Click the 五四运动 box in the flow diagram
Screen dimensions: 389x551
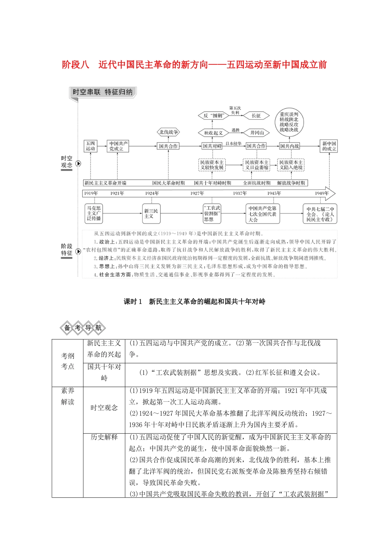point(90,146)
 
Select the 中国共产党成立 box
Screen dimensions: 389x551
point(118,146)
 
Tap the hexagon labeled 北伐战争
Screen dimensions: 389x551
point(168,132)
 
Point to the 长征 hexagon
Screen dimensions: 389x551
point(256,116)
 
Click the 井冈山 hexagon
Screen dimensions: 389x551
point(257,132)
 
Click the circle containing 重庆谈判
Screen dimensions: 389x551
point(289,122)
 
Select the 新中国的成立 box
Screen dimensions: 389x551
point(329,146)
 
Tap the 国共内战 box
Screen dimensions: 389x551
point(289,146)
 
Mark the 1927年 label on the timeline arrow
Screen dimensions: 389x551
point(197,193)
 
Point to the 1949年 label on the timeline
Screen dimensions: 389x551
point(322,193)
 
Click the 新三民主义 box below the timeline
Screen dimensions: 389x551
point(151,214)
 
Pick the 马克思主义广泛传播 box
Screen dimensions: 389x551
point(94,214)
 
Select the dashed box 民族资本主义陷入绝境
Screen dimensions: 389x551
point(291,165)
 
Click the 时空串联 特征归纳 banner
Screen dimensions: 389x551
point(103,92)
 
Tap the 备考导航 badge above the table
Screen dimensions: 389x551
point(83,328)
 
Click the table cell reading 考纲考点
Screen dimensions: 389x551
point(68,361)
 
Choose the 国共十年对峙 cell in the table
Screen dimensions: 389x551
point(104,372)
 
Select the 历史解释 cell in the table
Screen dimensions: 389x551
point(104,437)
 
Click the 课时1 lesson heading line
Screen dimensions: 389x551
point(194,302)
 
